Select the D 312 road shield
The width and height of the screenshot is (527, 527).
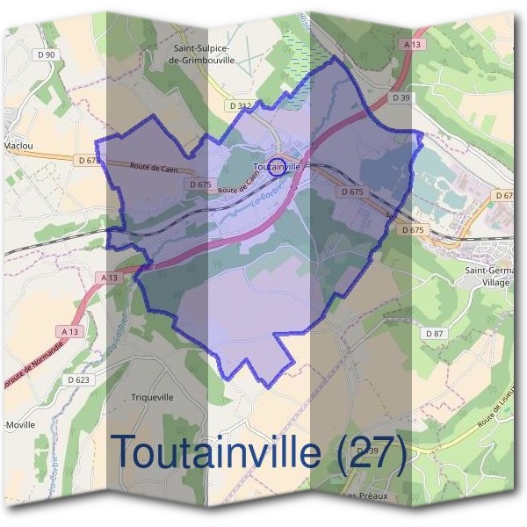coord(240,105)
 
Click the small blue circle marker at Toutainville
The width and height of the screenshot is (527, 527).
coord(276,166)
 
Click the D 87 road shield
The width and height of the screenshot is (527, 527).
coord(435,334)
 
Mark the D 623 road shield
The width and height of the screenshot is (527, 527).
coord(78,379)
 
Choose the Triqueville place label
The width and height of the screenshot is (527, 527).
coord(152,397)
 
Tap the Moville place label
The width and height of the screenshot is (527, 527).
coord(19,425)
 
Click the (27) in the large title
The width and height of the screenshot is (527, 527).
coord(371,451)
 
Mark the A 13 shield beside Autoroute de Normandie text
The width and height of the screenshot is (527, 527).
coord(71,331)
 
